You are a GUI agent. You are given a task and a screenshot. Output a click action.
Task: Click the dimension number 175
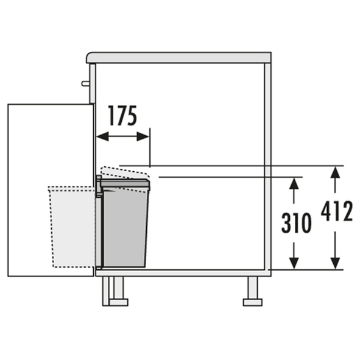[x=122, y=116]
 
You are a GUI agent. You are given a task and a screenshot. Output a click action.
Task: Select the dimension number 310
[x=297, y=223]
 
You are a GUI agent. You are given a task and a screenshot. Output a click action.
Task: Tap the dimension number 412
[x=337, y=211]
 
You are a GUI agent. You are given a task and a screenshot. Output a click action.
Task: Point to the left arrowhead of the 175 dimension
[x=102, y=136]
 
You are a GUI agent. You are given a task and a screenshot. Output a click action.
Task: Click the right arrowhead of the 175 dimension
[x=143, y=136]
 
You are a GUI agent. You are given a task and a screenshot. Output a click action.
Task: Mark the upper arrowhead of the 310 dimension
[x=294, y=183]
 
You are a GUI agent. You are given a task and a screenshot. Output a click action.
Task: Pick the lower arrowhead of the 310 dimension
[x=294, y=263]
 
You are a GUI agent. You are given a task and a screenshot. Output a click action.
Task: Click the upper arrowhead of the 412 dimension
[x=336, y=172]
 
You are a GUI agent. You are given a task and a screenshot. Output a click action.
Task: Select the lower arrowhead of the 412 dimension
[x=336, y=263]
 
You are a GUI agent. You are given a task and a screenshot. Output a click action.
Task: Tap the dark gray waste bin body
[x=125, y=227]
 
